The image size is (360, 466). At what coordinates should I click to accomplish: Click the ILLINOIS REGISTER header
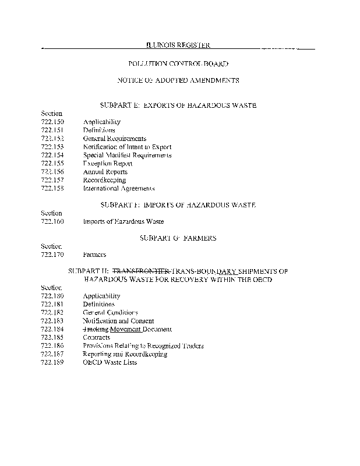click(x=178, y=45)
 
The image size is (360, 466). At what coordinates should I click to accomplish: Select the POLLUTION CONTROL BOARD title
click(x=178, y=63)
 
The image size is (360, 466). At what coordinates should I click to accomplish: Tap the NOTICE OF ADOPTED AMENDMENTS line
click(x=178, y=80)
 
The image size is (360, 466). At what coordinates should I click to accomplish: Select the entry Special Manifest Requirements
click(x=127, y=156)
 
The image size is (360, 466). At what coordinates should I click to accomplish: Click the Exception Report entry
click(x=108, y=164)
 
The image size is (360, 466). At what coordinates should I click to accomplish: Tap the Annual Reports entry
click(x=105, y=172)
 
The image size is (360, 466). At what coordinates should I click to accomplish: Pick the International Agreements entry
click(x=118, y=189)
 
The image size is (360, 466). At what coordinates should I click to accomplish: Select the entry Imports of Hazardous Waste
click(x=123, y=222)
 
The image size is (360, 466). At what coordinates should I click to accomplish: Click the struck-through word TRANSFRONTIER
click(x=140, y=271)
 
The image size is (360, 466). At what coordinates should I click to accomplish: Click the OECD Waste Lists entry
click(x=110, y=362)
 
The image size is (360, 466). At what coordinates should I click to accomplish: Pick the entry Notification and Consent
click(x=118, y=321)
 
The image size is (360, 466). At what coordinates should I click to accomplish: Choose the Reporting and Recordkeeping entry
click(x=125, y=354)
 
